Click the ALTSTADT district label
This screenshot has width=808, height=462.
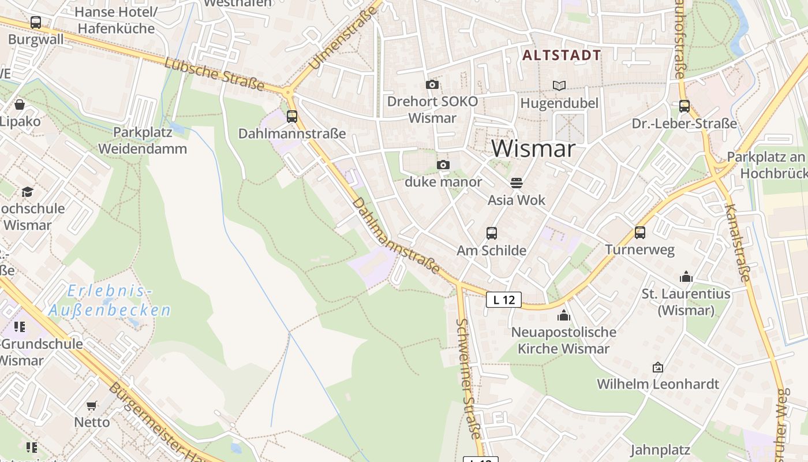(x=562, y=55)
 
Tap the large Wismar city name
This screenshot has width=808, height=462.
(x=533, y=148)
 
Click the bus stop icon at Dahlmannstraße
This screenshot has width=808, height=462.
(x=292, y=116)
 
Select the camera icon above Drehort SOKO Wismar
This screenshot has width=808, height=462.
(x=432, y=85)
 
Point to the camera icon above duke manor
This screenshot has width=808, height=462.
(x=443, y=165)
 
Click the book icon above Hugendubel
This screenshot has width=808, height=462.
(x=559, y=86)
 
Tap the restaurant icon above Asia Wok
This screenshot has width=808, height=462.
(x=517, y=183)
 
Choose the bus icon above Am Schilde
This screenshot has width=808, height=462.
(x=491, y=233)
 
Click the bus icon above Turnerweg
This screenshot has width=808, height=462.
(x=639, y=233)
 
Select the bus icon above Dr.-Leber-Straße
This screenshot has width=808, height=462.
(x=684, y=106)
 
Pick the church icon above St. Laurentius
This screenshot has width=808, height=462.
(x=686, y=277)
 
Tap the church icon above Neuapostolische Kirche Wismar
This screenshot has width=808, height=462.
(x=563, y=315)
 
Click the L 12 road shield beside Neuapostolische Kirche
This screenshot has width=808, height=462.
(x=504, y=300)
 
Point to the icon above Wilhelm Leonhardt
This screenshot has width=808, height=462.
(x=657, y=367)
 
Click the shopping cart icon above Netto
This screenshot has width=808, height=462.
(x=92, y=405)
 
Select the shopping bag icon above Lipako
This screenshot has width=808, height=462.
(x=20, y=105)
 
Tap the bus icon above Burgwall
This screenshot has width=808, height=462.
(x=36, y=23)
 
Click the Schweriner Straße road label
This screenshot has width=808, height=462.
(x=469, y=378)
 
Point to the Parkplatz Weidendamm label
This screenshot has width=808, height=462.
(x=143, y=140)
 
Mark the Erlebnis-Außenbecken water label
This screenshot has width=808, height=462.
(x=110, y=301)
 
